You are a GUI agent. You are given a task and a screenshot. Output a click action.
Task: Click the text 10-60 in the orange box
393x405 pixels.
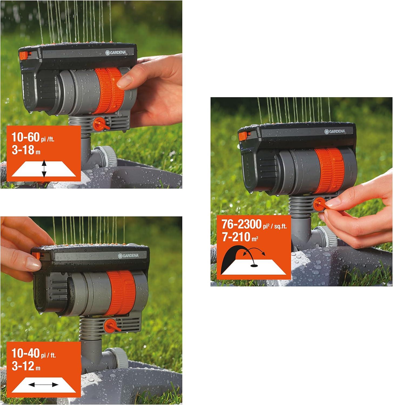(25, 137)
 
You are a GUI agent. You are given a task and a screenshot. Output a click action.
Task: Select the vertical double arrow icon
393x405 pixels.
(44, 169)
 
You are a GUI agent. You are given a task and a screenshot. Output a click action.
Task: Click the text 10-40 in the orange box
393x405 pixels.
(25, 353)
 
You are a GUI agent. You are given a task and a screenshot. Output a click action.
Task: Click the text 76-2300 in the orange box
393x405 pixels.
(241, 224)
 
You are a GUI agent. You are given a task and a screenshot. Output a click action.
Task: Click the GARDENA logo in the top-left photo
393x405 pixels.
(116, 53)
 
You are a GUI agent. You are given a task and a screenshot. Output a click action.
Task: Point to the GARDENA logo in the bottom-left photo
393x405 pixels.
(128, 255)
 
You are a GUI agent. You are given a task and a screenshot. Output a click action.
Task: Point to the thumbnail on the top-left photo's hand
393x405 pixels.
(125, 81)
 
